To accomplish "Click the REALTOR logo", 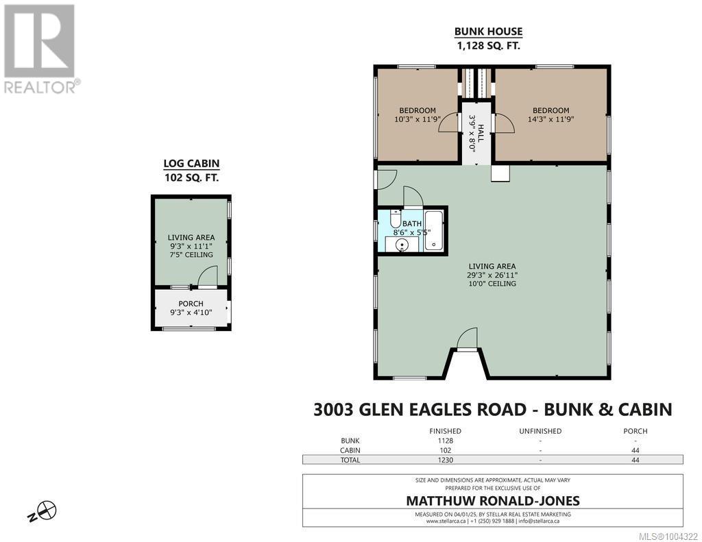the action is pyautogui.click(x=40, y=49).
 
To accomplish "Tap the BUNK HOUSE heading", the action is pyautogui.click(x=488, y=32).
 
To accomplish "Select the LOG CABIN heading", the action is pyautogui.click(x=191, y=163).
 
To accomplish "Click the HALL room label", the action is pyautogui.click(x=481, y=134).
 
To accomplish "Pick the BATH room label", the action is pyautogui.click(x=412, y=223).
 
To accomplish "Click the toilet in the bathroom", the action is pyautogui.click(x=395, y=218).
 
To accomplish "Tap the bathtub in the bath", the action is pyautogui.click(x=433, y=230).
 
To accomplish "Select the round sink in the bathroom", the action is pyautogui.click(x=402, y=245).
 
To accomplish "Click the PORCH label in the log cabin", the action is pyautogui.click(x=191, y=304).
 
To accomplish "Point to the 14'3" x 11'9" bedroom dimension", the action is pyautogui.click(x=550, y=119).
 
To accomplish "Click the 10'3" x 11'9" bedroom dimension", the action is pyautogui.click(x=417, y=119).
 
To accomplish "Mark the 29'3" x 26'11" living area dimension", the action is pyautogui.click(x=492, y=275).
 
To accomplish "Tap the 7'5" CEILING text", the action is pyautogui.click(x=191, y=255).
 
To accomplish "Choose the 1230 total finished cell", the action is pyautogui.click(x=445, y=460).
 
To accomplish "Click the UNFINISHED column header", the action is pyautogui.click(x=540, y=431).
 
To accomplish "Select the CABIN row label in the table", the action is pyautogui.click(x=350, y=450).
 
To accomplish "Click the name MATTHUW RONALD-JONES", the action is pyautogui.click(x=492, y=500).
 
